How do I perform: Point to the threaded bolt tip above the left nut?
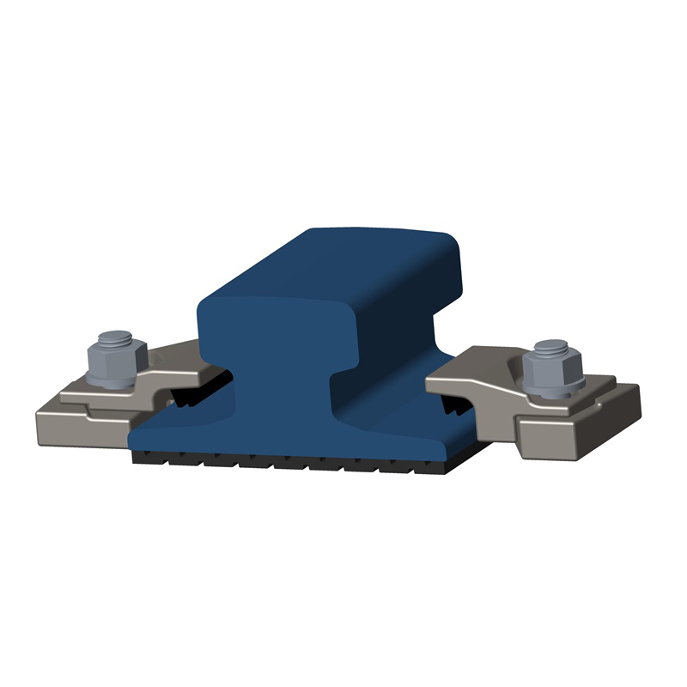(111, 337)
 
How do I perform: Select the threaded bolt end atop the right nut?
(549, 347)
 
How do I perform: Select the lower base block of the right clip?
(584, 434)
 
